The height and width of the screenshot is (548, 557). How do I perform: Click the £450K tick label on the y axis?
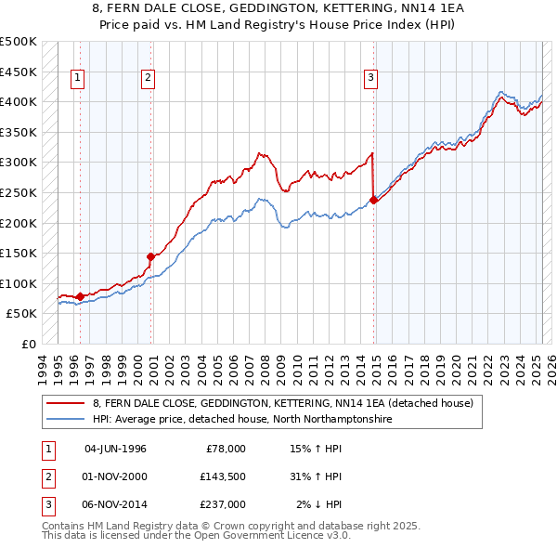point(19,72)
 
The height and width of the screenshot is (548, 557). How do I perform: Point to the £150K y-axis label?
point(19,253)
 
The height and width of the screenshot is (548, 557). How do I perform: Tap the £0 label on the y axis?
point(27,344)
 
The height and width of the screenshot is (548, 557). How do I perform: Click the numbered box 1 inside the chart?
point(76,79)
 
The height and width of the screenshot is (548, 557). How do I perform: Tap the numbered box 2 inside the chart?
point(148,79)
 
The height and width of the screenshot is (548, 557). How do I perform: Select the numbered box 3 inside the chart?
point(370,79)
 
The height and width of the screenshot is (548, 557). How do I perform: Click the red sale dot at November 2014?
point(373,200)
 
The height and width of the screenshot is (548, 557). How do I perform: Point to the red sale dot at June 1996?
point(80,296)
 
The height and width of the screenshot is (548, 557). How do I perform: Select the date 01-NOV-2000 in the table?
point(115,476)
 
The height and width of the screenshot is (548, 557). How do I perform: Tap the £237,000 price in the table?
point(223,503)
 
